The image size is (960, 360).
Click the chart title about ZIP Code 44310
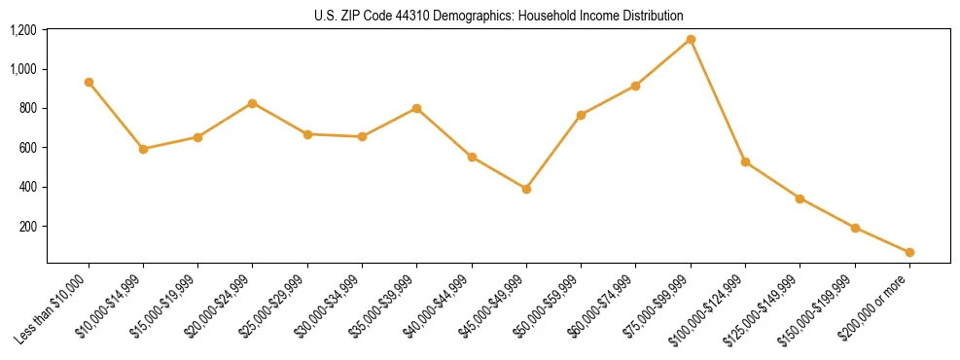[499, 16]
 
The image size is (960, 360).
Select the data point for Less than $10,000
[89, 83]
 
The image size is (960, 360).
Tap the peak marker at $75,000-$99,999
[691, 40]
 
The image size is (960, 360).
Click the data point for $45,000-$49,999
[526, 189]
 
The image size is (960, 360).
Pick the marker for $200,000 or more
[909, 252]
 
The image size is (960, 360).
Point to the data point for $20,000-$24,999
[253, 103]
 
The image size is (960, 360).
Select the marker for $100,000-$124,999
[745, 162]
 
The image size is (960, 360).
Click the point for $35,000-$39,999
[416, 108]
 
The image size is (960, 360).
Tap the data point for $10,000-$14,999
[143, 149]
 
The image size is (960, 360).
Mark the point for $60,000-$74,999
[635, 86]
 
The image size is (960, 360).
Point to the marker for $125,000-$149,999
[800, 198]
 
